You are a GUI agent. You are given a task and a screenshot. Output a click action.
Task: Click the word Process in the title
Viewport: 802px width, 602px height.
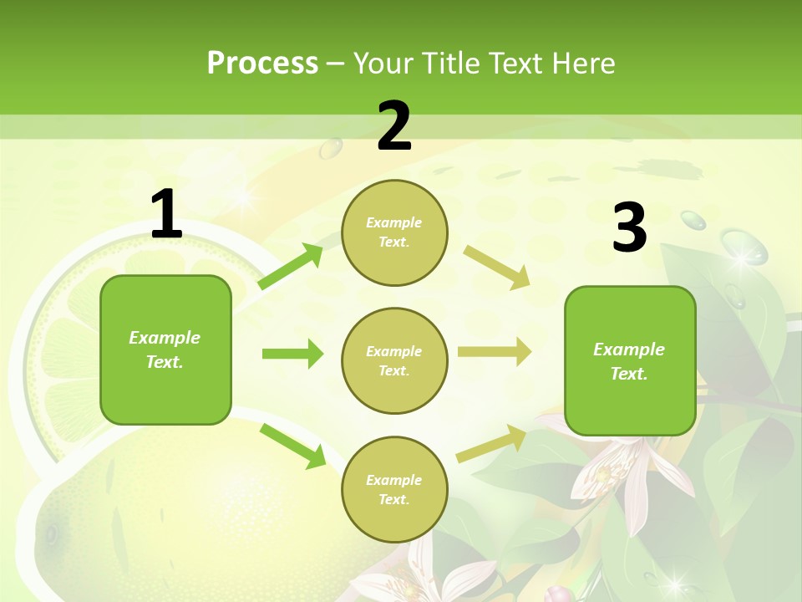tap(262, 64)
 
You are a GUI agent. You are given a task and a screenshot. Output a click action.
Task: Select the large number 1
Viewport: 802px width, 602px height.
tap(166, 216)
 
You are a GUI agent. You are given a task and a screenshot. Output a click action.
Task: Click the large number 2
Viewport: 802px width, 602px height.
tap(394, 126)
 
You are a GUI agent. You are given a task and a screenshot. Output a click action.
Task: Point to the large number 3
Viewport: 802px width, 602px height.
tap(629, 227)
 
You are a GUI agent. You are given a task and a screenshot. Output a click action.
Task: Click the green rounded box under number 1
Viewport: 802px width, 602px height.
tap(165, 349)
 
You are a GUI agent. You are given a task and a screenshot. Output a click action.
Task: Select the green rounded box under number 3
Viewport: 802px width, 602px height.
tap(630, 360)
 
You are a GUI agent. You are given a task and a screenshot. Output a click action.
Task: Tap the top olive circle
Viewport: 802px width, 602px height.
tap(394, 232)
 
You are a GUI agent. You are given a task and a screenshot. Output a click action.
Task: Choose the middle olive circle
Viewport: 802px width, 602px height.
tap(394, 360)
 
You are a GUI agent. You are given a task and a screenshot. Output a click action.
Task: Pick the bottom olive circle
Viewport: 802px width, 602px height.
tap(394, 489)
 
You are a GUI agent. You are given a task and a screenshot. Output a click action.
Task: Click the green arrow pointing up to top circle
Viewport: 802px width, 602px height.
tap(291, 267)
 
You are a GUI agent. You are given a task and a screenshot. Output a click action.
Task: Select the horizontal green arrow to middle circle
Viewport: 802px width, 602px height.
tap(292, 354)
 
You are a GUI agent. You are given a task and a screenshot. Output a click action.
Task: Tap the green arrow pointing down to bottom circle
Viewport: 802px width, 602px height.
tap(292, 446)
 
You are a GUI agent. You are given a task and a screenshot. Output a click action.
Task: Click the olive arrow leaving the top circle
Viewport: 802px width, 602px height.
tap(496, 268)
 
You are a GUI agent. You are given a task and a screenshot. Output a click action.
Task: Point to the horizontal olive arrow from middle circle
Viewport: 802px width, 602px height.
tap(494, 352)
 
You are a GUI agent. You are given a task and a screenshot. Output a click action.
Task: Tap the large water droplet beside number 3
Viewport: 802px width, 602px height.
tap(743, 248)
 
